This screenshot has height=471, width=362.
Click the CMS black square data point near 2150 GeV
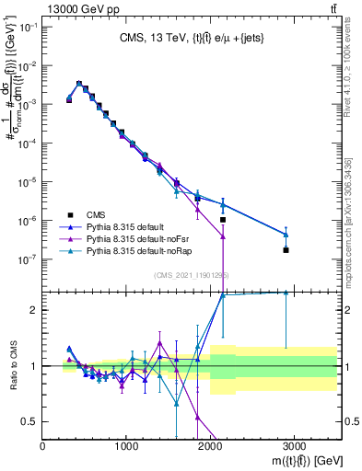pyautogui.click(x=223, y=220)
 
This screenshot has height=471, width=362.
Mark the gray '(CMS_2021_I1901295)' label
pyautogui.click(x=191, y=275)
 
